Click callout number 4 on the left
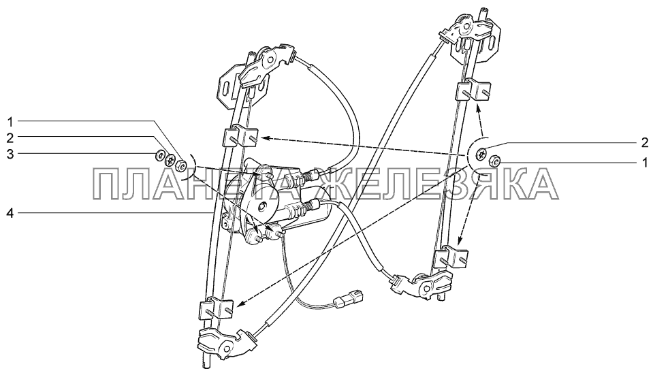tap(10, 214)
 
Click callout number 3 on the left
tap(10, 155)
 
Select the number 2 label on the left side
tap(10, 137)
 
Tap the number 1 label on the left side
tap(10, 122)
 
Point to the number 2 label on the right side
tap(645, 143)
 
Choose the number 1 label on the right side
tap(645, 161)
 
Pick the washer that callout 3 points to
tap(159, 156)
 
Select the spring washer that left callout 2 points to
tap(170, 159)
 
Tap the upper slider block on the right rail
tap(475, 88)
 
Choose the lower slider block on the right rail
tap(451, 256)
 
